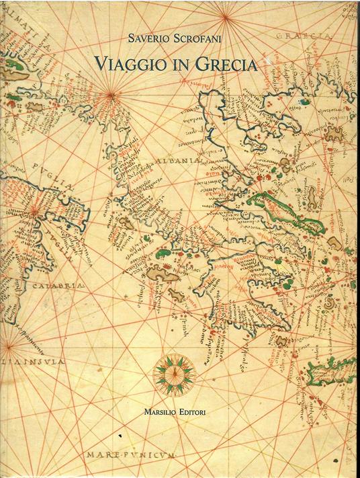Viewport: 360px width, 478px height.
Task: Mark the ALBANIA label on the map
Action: pos(177,161)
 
